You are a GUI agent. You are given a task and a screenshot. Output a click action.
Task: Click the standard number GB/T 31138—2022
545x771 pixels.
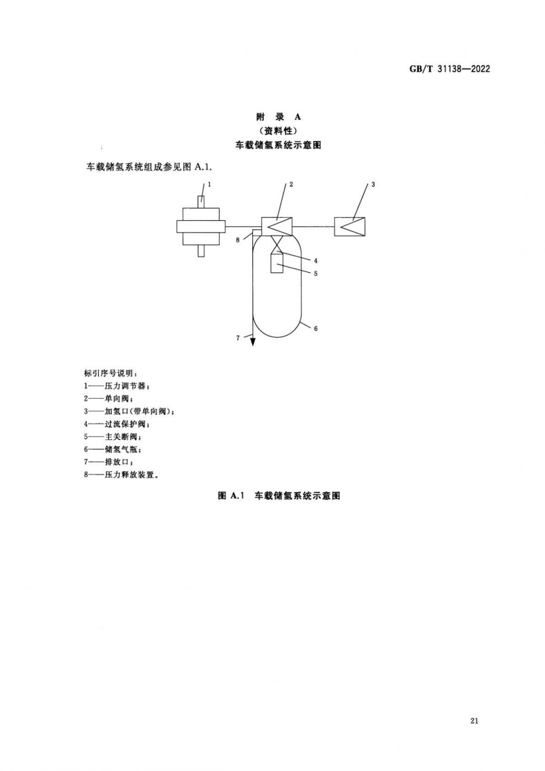click(x=449, y=69)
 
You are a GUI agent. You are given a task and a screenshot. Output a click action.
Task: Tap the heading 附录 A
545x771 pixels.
click(x=278, y=117)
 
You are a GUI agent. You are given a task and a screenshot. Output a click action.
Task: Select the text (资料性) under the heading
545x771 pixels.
click(x=278, y=131)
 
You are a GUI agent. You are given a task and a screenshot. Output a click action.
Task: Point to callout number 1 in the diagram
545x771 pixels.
click(x=209, y=185)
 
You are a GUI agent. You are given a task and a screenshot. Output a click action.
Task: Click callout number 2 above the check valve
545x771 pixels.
click(x=291, y=185)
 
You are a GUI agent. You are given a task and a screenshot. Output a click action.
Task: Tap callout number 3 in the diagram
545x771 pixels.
click(x=373, y=185)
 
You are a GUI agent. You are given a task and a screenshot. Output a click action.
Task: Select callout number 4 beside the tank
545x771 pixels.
click(x=316, y=260)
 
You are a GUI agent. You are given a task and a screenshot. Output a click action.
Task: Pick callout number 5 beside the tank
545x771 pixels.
click(x=316, y=274)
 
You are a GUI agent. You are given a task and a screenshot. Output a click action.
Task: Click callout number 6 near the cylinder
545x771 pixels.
click(x=316, y=329)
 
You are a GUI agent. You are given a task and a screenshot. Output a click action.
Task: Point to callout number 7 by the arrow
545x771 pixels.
click(x=238, y=338)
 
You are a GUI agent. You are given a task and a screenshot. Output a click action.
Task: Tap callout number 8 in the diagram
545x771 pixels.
click(x=238, y=240)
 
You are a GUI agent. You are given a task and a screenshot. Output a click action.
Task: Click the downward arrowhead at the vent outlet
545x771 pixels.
click(x=253, y=342)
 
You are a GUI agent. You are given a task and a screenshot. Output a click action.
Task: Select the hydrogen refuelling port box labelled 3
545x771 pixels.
click(x=350, y=227)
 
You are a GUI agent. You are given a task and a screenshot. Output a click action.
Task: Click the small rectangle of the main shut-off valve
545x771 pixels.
click(x=277, y=263)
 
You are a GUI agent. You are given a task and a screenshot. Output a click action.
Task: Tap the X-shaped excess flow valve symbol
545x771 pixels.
click(x=277, y=244)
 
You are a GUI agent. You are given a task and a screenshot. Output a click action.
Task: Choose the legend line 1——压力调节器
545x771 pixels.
click(x=117, y=386)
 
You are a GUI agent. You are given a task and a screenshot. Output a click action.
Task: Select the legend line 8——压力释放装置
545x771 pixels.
click(x=121, y=475)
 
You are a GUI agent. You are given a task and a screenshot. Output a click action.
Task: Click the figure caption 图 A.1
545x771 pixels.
click(x=231, y=496)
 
